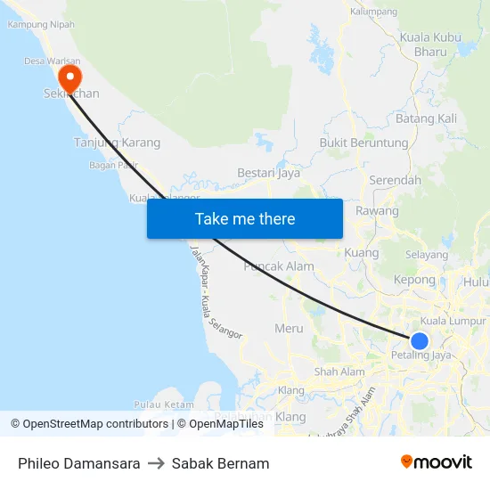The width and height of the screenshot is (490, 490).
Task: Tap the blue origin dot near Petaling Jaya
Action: [x=419, y=340]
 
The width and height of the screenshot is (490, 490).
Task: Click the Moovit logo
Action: [x=436, y=462]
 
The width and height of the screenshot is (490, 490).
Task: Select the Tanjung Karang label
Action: [x=117, y=143]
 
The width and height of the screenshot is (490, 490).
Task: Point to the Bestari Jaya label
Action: [x=268, y=173]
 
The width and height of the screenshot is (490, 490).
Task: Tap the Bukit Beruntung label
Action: [x=363, y=143]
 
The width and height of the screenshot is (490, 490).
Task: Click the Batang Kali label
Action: [x=426, y=118]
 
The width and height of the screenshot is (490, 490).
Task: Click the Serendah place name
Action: [x=395, y=180]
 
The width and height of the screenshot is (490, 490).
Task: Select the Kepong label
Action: [x=414, y=280]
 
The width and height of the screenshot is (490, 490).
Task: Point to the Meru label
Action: [x=289, y=328]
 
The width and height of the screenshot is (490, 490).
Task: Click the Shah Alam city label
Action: [x=339, y=372]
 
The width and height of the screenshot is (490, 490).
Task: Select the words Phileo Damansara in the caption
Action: [x=78, y=463]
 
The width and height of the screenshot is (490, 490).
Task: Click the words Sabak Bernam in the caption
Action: [x=220, y=463]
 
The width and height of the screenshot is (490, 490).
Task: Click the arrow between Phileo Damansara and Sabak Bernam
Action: [x=156, y=463]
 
